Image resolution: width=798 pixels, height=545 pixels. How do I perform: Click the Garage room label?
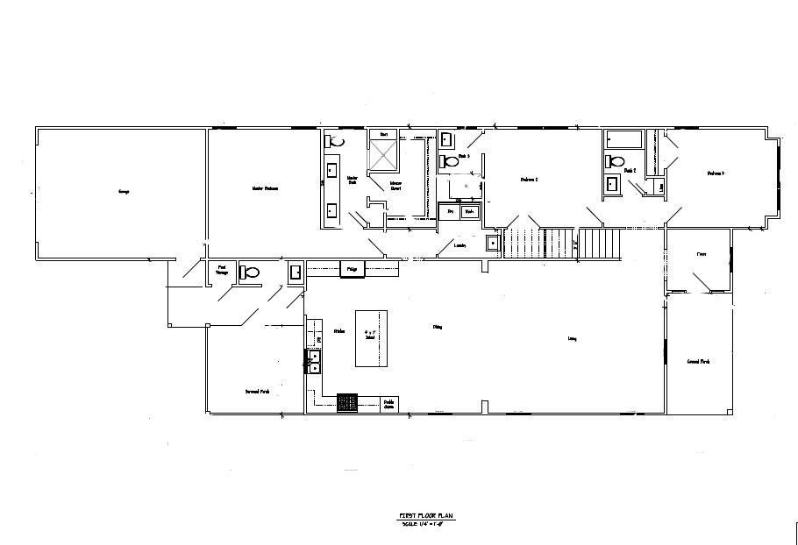(x=123, y=191)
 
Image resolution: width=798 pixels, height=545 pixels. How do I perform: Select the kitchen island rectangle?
(x=370, y=337)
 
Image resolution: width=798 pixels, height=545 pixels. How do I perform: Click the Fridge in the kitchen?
(x=351, y=269)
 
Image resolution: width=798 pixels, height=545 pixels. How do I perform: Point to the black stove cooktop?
(x=348, y=403)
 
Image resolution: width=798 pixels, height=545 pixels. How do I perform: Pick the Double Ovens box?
(x=388, y=404)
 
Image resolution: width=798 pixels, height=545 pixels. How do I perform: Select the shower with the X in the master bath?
(x=383, y=156)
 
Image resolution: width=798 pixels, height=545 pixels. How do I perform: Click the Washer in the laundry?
(x=470, y=212)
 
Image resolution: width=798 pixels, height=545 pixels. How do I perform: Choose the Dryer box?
(x=451, y=212)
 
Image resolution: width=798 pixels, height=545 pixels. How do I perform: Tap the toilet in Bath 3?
(x=451, y=161)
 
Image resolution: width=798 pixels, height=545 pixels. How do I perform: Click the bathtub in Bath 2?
(x=623, y=139)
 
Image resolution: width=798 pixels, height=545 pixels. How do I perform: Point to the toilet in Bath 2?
(x=615, y=161)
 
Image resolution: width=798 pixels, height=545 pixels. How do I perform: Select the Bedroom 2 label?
(x=529, y=180)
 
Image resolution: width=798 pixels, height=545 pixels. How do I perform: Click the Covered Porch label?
(x=699, y=361)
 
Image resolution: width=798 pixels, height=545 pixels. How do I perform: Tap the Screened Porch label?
(x=257, y=392)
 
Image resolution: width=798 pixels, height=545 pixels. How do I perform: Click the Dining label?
(x=437, y=328)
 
